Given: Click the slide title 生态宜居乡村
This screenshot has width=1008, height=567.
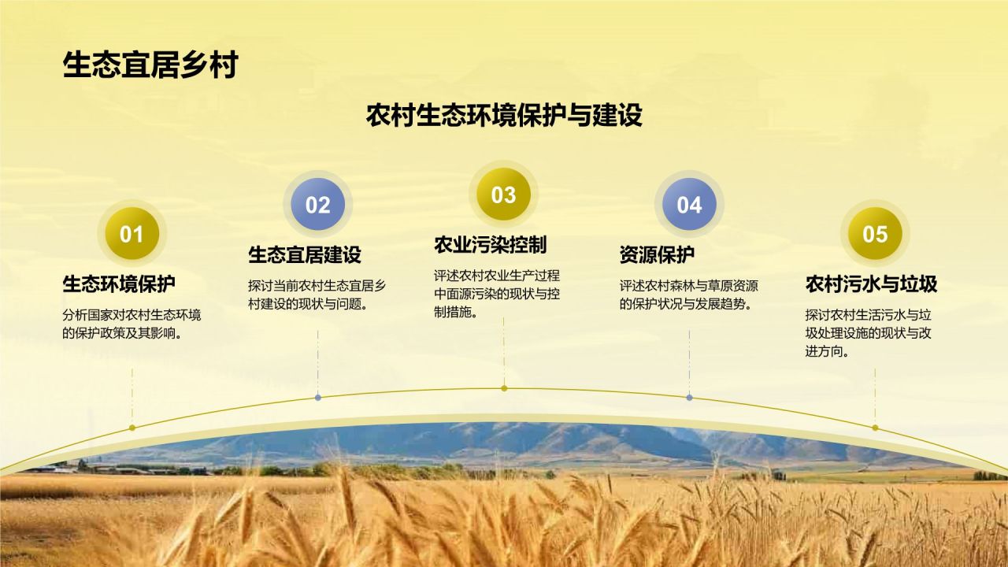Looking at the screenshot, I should pos(150,65).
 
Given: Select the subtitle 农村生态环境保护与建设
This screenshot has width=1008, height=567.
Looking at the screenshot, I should pos(504,116).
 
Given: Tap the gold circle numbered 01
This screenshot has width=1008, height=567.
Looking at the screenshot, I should pos(132,234).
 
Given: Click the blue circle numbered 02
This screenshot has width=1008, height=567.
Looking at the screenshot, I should pos(317,205).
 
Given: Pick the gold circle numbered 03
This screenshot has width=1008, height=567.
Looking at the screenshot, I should pos(503,195).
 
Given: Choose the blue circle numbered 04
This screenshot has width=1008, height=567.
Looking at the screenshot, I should pos(689,205).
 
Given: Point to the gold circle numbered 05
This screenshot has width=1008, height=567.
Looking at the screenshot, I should pos(875,234).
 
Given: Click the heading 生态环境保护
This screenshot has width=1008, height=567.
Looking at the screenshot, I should pos(119,283).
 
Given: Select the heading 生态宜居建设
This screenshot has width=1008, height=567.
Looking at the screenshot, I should pos(305,254).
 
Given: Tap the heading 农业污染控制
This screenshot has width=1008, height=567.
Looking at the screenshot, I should pos(490,244).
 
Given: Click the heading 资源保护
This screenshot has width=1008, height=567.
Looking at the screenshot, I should pos(657,254).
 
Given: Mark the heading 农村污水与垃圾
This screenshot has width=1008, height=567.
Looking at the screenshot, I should pos(871,283).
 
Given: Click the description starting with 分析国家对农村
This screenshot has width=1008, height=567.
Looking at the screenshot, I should pos(132,324).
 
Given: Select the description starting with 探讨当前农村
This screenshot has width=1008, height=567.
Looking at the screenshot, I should pos(317,295).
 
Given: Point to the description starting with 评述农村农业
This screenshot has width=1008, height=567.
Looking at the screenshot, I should pos(497,294).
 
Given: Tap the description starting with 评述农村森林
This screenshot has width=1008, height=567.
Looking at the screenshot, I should pos(689,295).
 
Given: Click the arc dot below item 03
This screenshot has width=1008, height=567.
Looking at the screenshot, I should pos(504,388).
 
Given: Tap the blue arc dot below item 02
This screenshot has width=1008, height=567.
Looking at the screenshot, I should pos(318,398).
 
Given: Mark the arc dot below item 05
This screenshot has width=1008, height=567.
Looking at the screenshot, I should pos(875,428).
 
